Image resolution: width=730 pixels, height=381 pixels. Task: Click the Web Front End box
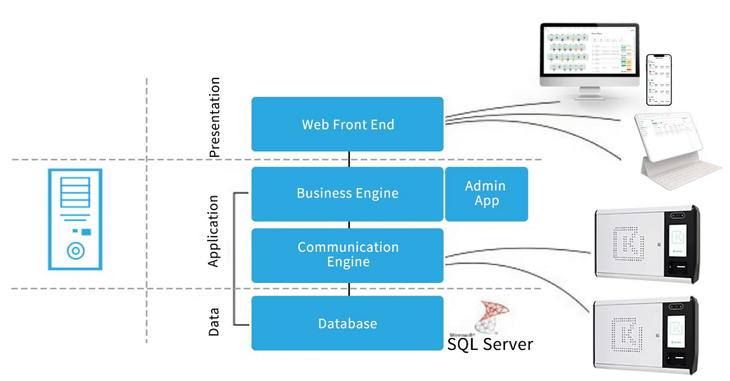click(x=347, y=124)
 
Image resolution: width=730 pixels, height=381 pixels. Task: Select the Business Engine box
click(x=347, y=194)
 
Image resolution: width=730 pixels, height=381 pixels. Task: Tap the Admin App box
click(x=486, y=194)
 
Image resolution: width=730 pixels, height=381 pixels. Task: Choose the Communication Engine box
click(x=347, y=255)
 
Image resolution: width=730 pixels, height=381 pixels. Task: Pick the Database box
click(x=347, y=323)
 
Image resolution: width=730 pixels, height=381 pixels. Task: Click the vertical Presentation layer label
click(x=215, y=117)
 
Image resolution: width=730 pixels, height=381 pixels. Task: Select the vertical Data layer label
click(x=214, y=322)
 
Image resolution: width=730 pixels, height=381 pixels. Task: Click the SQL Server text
click(x=490, y=344)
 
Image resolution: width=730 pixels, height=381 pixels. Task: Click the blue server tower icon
click(x=75, y=219)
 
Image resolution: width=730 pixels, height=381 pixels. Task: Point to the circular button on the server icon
click(x=75, y=251)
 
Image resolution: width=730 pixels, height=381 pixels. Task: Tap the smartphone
click(x=658, y=80)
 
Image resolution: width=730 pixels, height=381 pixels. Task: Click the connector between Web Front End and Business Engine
click(x=349, y=159)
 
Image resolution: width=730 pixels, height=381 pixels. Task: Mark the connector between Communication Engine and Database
click(x=349, y=289)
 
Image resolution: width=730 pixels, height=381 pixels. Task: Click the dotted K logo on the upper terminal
click(x=627, y=241)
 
